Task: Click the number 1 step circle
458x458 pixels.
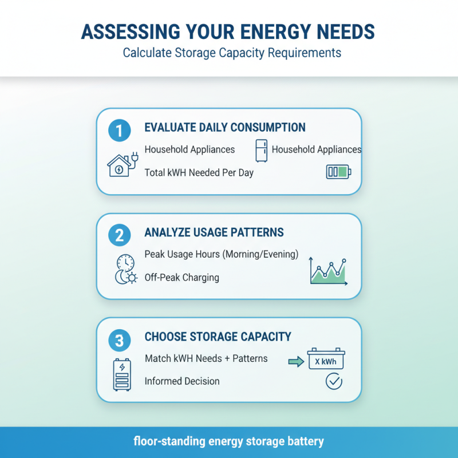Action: coord(119,131)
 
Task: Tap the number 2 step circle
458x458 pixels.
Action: coord(119,236)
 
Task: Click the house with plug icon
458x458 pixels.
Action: coord(120,165)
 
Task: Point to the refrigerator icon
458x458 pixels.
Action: coord(262,151)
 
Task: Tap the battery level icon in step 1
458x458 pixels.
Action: coord(338,172)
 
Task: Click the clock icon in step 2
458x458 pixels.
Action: coord(125,263)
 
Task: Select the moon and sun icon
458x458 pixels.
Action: coord(126,278)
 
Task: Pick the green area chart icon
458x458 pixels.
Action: coord(328,271)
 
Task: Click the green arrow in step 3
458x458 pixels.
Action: coord(295,361)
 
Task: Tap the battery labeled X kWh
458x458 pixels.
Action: coord(326,360)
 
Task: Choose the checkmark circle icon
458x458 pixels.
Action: coord(333,381)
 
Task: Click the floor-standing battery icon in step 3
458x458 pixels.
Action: coord(122,374)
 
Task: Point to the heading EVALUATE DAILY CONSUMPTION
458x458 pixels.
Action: coord(225,128)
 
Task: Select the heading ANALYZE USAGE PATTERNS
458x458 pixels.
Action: coord(214,233)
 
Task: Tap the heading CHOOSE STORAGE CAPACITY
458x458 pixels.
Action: coord(218,337)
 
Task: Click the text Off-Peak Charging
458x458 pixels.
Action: coord(181,278)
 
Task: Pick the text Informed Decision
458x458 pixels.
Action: coord(182,381)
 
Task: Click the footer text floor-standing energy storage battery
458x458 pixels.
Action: coord(229,442)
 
